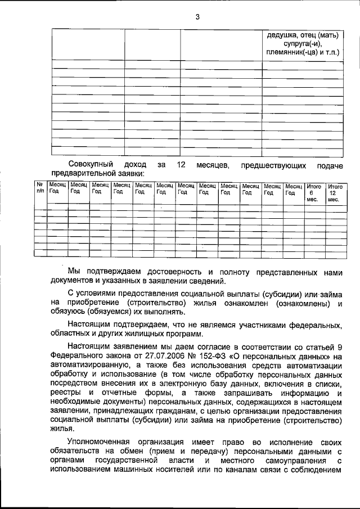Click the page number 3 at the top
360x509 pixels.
coord(197,16)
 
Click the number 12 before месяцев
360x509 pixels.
coord(181,165)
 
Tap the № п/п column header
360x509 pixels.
coord(40,188)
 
